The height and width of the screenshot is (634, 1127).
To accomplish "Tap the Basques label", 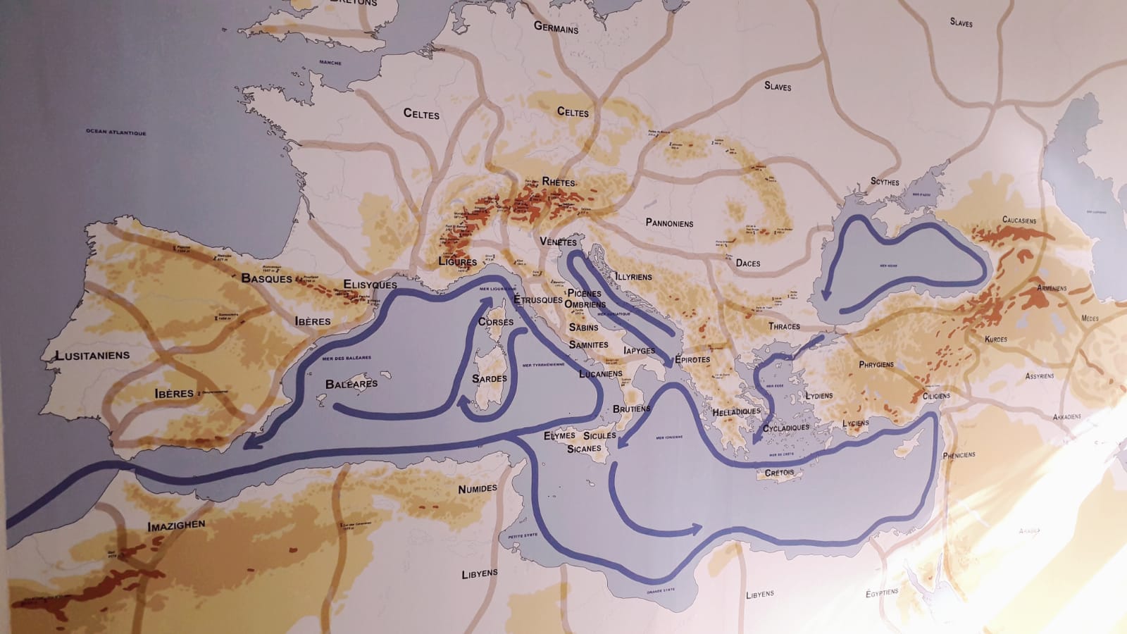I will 266,278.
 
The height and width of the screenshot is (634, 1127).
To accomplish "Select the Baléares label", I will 351,384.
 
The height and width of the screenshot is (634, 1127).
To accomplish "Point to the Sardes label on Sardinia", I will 489,379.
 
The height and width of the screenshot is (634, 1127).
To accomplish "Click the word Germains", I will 556,27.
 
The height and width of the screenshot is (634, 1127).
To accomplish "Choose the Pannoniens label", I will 669,223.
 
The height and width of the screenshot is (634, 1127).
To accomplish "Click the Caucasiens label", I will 1019,220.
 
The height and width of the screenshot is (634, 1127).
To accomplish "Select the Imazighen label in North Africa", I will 176,526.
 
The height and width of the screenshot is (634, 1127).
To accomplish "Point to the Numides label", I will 478,488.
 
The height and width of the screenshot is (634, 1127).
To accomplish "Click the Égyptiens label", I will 882,593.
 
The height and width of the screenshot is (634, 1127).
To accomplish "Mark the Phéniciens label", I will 959,454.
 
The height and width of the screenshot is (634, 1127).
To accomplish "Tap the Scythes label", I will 885,182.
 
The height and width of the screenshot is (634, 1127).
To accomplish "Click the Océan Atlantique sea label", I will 116,132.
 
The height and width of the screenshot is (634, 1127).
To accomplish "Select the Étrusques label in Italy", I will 537,300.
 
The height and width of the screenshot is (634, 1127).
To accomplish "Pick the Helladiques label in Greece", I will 736,411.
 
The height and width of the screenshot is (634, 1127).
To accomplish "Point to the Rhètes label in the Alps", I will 559,182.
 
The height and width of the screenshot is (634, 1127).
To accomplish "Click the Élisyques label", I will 370,285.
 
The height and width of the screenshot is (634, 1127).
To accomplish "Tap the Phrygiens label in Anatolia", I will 876,365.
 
